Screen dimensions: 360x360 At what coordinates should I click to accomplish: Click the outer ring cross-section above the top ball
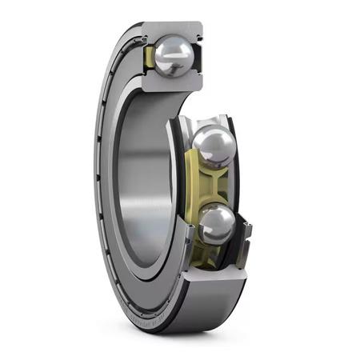point(172,30)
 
